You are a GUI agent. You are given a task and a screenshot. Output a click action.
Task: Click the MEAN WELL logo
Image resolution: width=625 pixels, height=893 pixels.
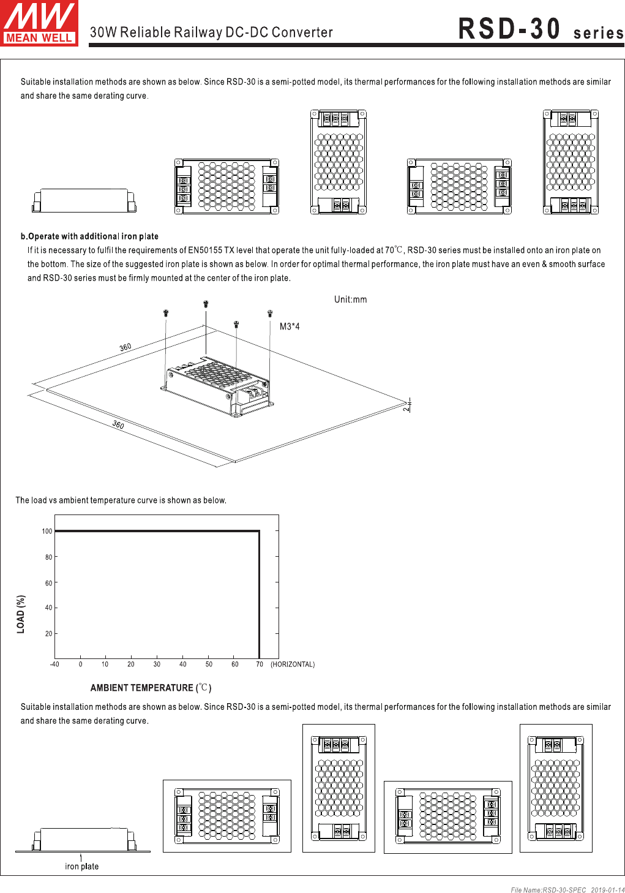(39, 23)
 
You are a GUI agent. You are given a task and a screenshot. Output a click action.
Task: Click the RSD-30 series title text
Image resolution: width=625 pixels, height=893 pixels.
(541, 29)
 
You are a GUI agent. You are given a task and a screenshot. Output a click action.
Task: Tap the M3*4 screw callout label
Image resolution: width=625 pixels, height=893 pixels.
(290, 326)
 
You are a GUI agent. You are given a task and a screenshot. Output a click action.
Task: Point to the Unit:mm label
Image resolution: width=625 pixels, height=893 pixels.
(350, 300)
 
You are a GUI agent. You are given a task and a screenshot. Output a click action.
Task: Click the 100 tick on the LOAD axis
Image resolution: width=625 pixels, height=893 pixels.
(47, 531)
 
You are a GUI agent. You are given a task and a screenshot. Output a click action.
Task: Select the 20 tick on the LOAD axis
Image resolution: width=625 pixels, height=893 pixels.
(48, 633)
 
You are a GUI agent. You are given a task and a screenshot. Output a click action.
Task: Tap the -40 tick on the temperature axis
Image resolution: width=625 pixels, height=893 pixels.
(54, 664)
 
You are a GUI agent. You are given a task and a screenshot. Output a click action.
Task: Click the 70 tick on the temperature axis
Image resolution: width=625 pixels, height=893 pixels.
(260, 664)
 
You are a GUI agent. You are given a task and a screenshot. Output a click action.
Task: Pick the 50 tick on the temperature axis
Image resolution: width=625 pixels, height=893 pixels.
(209, 664)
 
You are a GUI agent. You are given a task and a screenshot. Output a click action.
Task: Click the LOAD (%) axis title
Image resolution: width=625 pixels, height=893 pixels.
(21, 614)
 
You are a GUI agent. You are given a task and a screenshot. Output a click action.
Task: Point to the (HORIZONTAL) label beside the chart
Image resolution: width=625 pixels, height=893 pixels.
(293, 664)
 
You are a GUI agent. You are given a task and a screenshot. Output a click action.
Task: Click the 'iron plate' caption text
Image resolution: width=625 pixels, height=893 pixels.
(81, 866)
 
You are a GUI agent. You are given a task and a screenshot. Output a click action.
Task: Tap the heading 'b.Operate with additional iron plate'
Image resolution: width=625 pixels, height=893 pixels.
(89, 236)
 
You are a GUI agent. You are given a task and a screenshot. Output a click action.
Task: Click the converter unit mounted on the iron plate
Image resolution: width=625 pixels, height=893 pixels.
(217, 386)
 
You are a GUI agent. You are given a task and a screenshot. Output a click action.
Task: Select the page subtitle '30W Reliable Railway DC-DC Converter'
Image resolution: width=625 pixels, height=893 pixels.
(211, 32)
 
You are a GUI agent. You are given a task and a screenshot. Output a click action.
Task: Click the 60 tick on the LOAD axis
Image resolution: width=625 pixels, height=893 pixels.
(48, 583)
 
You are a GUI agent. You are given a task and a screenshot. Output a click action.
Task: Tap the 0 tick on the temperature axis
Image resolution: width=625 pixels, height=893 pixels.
(80, 664)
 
